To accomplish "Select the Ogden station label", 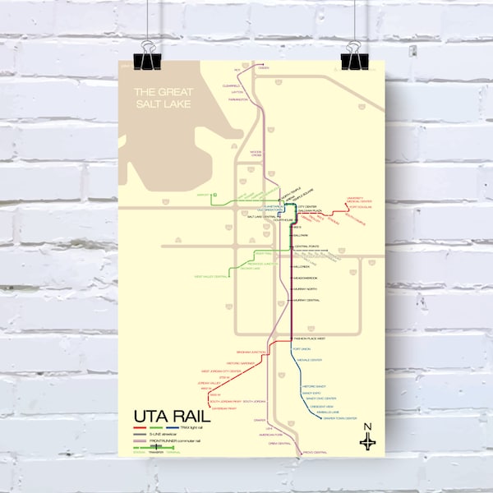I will click(264, 68).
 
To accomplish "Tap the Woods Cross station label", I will click(256, 154).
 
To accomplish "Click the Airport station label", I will click(204, 195).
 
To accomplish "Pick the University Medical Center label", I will click(357, 200).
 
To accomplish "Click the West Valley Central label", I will click(210, 277).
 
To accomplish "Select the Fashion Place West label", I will click(311, 338).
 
